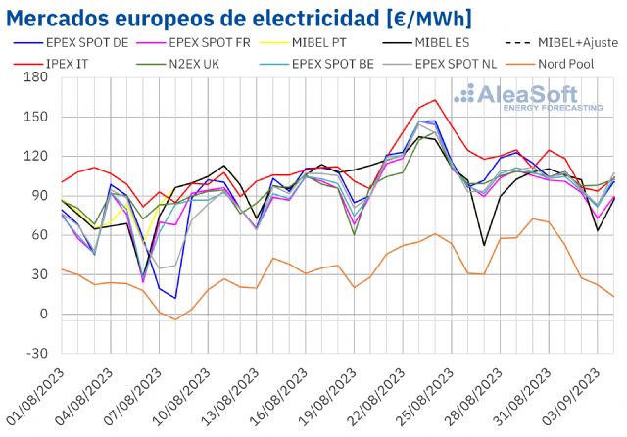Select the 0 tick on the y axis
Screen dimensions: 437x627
[x=45, y=315]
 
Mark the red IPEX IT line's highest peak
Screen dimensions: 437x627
[x=435, y=100]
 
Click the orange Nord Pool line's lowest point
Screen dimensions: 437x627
[x=175, y=319]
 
